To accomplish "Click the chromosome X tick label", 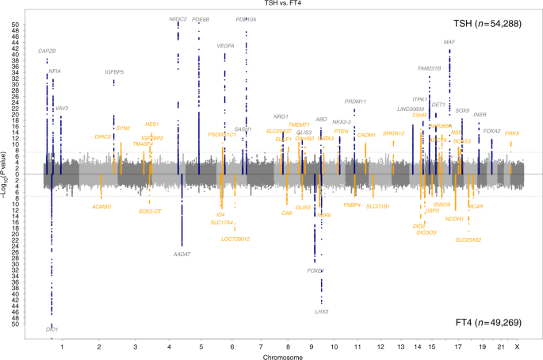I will (x=517, y=346).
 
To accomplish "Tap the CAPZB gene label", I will (x=48, y=52).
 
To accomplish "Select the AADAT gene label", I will (x=182, y=254).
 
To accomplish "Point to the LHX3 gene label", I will (x=321, y=312).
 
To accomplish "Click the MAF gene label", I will (x=449, y=42).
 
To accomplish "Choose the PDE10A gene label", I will (x=247, y=19).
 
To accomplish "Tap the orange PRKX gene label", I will (x=512, y=133).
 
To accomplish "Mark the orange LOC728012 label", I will (x=235, y=239).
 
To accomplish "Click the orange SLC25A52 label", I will (x=468, y=239).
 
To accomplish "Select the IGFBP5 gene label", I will (x=114, y=72).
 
